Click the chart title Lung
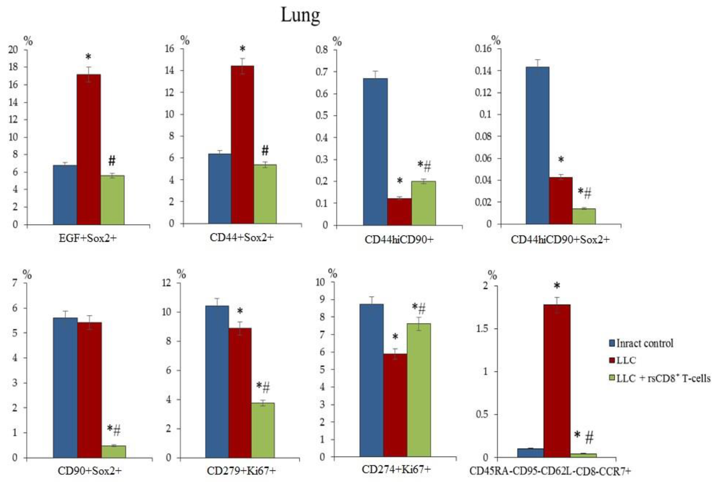[x=300, y=15]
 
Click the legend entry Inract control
[x=644, y=343]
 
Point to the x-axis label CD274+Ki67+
[x=396, y=469]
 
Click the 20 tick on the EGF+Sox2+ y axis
[x=13, y=49]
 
